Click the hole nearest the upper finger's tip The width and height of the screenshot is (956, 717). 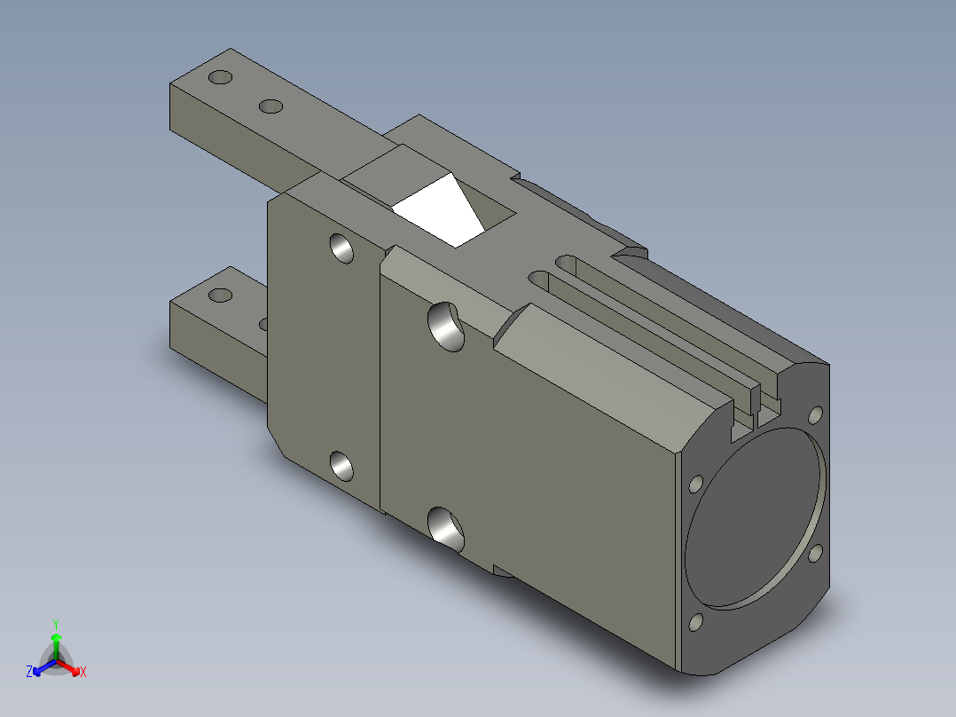point(220,77)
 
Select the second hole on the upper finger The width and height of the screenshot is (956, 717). point(270,106)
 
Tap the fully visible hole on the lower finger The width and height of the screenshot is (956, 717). point(220,295)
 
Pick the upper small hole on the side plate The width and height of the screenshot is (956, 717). point(341,248)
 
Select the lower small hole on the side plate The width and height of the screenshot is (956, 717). point(341,466)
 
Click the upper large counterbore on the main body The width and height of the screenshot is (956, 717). point(446,327)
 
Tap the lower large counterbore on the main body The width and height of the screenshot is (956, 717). point(446,531)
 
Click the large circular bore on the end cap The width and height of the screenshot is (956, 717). point(755,518)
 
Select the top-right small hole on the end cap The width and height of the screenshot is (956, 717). point(815,415)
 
